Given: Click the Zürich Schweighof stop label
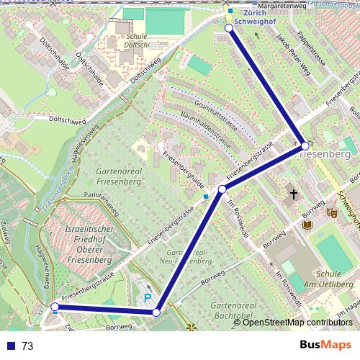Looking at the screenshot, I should (260, 17).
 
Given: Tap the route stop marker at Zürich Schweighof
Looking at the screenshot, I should (229, 28).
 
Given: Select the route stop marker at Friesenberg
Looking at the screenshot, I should (305, 145).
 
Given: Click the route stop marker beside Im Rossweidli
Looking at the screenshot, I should (222, 189).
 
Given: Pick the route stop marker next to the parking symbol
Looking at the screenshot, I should (156, 312).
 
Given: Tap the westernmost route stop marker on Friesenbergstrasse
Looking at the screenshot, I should (55, 307).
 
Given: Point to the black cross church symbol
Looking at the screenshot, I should (293, 194).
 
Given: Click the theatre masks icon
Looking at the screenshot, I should (332, 212).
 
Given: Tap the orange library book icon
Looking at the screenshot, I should (307, 225).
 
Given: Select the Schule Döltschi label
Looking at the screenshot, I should (136, 40).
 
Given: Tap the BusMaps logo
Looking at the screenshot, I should (325, 345).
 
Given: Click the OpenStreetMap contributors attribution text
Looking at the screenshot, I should (297, 322).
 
